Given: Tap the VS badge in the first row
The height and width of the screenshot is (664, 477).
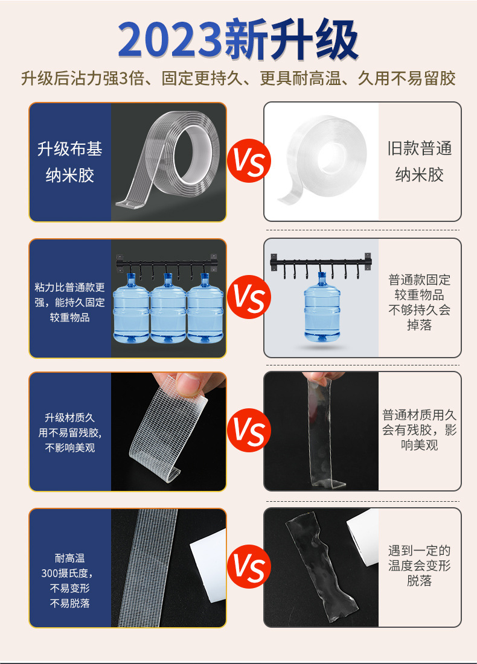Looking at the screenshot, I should pos(249,161).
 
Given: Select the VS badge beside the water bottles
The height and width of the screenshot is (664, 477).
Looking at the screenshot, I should pos(249,297).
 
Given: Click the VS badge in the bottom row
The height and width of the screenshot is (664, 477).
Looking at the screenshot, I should pos(249,568).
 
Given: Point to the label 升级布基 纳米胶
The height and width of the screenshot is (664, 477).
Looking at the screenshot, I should pos(70,162).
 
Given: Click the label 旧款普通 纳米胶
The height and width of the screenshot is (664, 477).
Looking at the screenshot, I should pos(420,162).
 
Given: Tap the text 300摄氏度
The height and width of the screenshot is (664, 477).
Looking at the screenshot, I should pos(70,573).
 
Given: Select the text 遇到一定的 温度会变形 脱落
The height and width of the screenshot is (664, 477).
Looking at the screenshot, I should pos(420,566).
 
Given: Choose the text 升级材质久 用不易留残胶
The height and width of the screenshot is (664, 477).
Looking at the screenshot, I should pos(70,425).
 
